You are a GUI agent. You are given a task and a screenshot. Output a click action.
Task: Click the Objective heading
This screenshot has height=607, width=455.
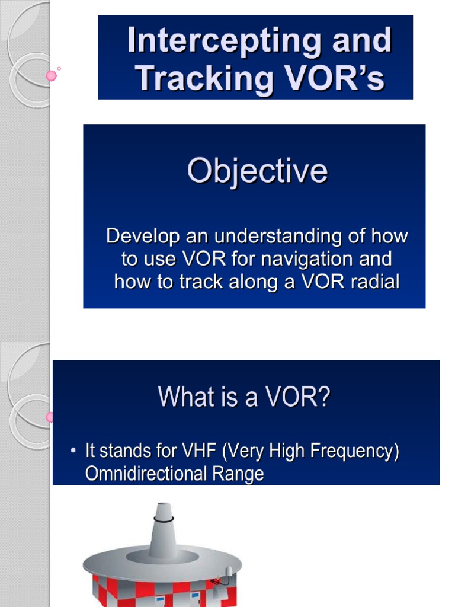(x=257, y=171)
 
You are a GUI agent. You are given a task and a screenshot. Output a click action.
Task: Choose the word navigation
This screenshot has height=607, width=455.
(x=309, y=258)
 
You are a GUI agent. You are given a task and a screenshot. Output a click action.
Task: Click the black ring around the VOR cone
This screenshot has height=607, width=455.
(x=163, y=519)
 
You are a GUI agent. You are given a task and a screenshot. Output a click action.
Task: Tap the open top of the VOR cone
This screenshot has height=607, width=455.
(x=163, y=505)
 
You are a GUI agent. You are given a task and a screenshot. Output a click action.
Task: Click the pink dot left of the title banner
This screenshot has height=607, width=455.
(x=52, y=75)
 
